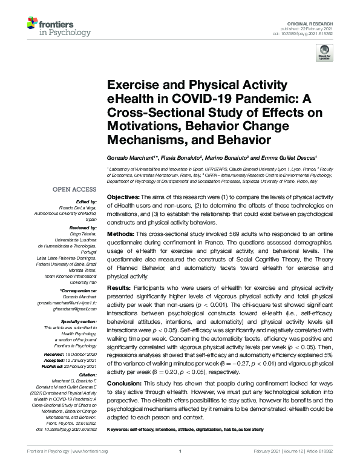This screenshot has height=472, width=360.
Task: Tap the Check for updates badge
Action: pos(324,54)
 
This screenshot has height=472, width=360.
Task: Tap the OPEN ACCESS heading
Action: pos(78,189)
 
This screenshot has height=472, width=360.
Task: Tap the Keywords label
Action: pos(120,429)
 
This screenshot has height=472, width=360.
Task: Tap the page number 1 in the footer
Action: pos(180,467)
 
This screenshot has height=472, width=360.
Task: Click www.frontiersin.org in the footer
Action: pos(90,467)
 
